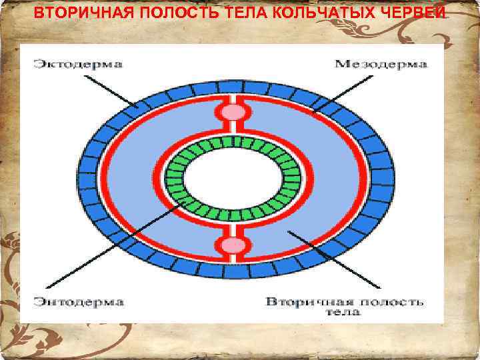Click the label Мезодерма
(x=380, y=65)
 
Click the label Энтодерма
(x=79, y=302)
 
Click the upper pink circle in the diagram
(x=233, y=112)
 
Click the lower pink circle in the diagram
(x=233, y=246)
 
